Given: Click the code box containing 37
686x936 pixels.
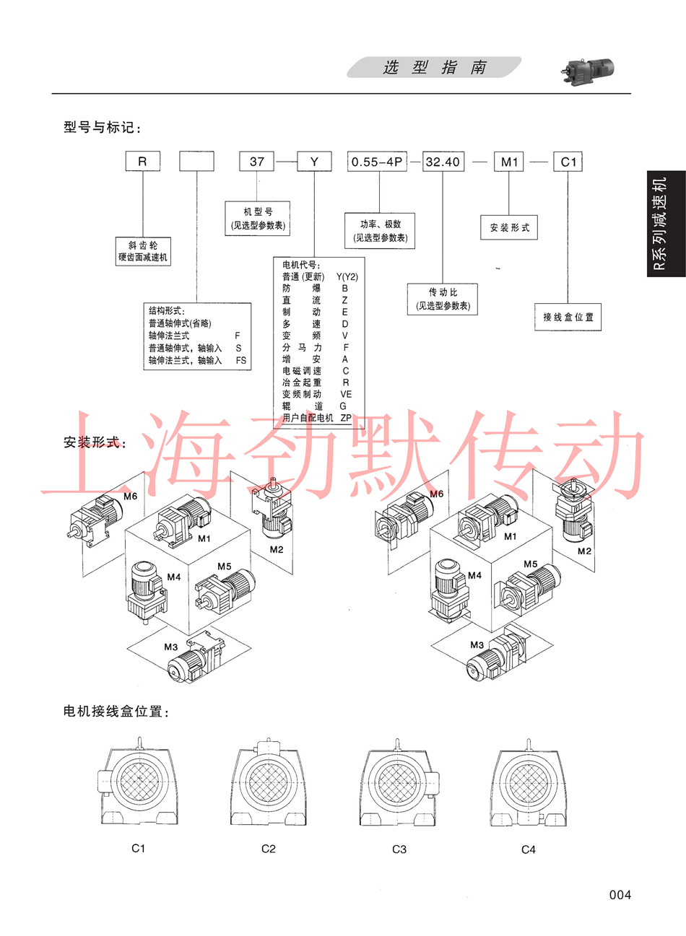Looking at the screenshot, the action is pos(256,162).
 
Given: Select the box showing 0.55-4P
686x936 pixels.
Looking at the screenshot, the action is pos(377,162).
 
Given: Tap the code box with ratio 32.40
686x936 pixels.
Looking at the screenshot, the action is pos(443,162).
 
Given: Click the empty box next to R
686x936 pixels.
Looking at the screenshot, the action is pos(197,162).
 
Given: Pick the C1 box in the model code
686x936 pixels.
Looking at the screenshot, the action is pos(568,162).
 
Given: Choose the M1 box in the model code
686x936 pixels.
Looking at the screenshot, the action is pos(509,162).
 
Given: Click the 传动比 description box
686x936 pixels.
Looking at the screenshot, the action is pos(443,299).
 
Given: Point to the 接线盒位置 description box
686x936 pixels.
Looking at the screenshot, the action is pos(568,317).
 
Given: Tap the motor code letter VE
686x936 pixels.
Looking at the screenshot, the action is pos(346,395).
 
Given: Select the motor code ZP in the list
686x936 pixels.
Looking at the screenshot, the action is pos(346,418).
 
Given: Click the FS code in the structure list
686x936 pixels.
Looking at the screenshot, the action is pos(241,360).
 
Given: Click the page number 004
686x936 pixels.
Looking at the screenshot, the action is pos(620,895).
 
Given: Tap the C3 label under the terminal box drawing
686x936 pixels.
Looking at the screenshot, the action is pos(399,849).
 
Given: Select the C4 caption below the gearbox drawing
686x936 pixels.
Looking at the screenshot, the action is pos(529,849).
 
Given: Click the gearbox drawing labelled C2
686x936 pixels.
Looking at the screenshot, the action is pos(269,782).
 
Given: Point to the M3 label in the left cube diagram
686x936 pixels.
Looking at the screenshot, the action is pos(171,647).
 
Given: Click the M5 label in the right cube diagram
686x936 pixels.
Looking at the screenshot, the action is pos(531,564).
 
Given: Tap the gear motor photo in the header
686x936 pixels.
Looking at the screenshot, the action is pos(587,71).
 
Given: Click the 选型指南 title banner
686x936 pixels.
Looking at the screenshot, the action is pos(434,67).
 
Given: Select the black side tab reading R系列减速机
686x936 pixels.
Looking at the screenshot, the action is pos(667,224).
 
